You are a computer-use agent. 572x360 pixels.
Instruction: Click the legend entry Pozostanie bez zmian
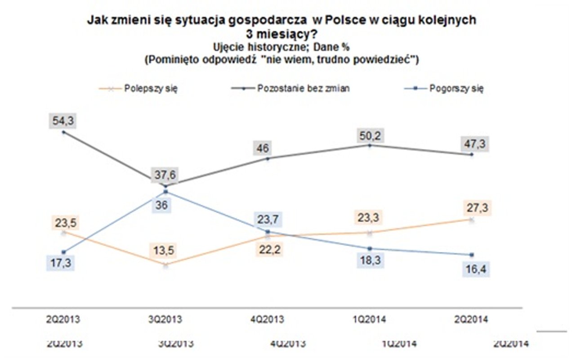[304, 89]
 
